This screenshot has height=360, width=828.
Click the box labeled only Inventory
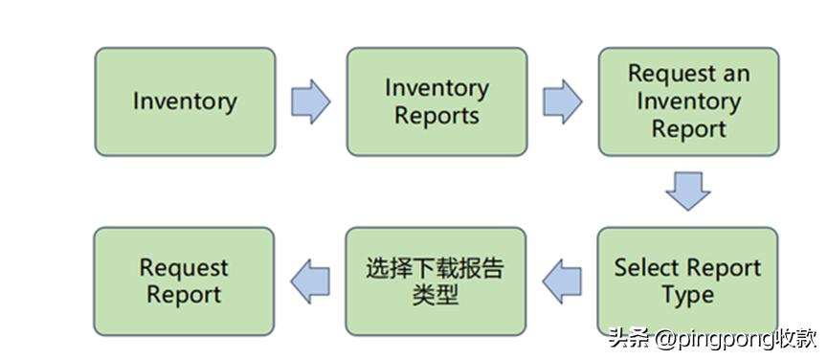click(185, 101)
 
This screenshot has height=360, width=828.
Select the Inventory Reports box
click(436, 101)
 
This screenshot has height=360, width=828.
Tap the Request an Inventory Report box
click(688, 101)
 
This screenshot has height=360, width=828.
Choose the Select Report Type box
click(687, 281)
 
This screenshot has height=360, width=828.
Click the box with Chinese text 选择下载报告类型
click(436, 281)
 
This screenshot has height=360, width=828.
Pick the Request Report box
click(184, 281)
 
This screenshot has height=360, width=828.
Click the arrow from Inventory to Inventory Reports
click(310, 101)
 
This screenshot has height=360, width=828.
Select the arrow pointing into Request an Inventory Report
click(562, 101)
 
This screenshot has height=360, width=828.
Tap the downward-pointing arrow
click(688, 191)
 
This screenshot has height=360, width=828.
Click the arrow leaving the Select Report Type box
click(562, 281)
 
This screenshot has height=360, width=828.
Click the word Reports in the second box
click(436, 116)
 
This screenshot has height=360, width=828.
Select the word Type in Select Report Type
click(687, 295)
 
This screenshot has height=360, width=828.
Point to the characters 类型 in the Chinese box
click(436, 295)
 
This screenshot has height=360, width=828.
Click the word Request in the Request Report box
click(184, 267)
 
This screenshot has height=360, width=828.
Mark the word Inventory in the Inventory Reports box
click(436, 88)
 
